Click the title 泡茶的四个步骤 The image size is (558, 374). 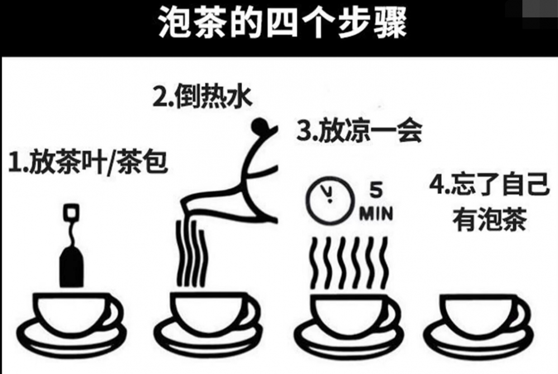pyautogui.click(x=283, y=23)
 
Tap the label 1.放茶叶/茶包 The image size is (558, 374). pyautogui.click(x=88, y=162)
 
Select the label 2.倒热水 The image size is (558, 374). pyautogui.click(x=203, y=96)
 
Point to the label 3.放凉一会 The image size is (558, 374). pyautogui.click(x=359, y=130)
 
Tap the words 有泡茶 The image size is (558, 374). pyautogui.click(x=490, y=219)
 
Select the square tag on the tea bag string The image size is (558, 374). pyautogui.click(x=71, y=212)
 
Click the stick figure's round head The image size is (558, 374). pyautogui.click(x=260, y=125)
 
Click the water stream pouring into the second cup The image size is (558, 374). pyautogui.click(x=192, y=253)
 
